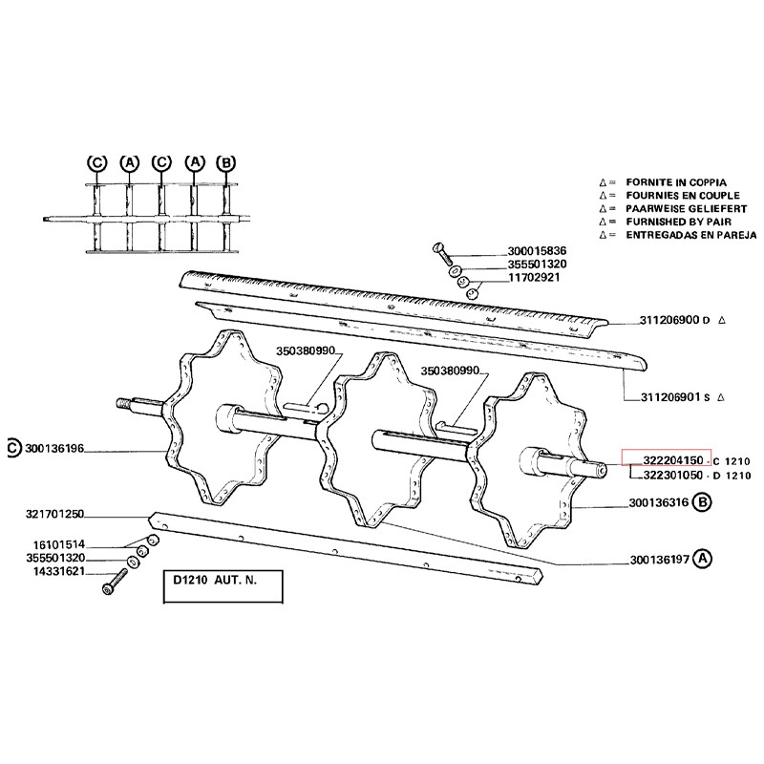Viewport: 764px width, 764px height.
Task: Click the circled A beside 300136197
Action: [x=704, y=559]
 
